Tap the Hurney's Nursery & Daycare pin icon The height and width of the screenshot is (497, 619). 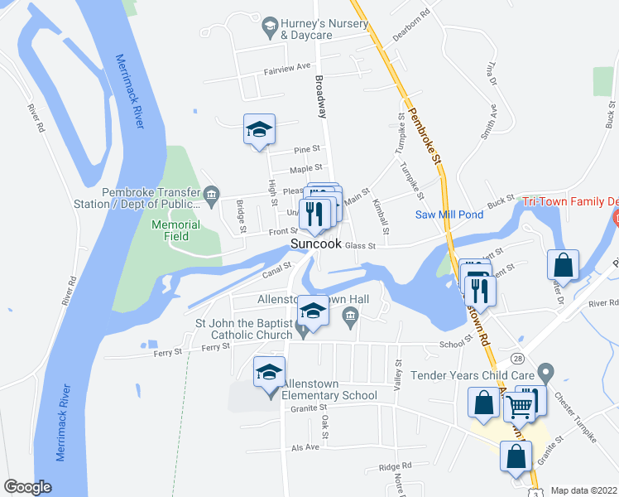coord(270,27)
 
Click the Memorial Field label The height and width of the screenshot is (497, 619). coord(175,230)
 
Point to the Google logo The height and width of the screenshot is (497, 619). coord(27,487)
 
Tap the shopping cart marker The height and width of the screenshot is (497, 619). coord(520,405)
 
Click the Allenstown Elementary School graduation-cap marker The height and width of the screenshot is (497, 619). coord(270,374)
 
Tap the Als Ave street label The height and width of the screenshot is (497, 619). coord(305,446)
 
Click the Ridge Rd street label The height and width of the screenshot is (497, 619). coord(395,466)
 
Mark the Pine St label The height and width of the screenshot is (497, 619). coord(308,151)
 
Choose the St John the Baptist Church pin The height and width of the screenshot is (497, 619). coord(302,329)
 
